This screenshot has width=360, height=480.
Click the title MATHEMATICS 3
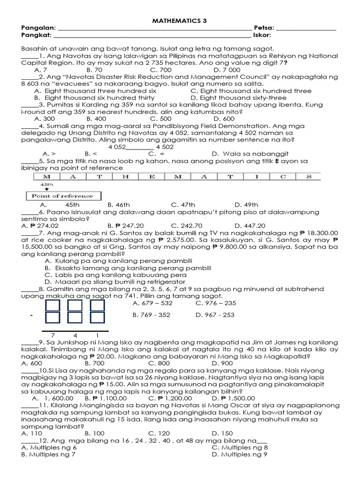click(x=180, y=21)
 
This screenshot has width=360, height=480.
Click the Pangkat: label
click(x=37, y=35)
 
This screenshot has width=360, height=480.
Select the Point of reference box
click(x=62, y=196)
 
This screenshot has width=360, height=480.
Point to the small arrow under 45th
click(x=46, y=189)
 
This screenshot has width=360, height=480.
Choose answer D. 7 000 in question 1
click(x=227, y=70)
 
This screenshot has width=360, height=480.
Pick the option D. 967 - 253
click(x=215, y=315)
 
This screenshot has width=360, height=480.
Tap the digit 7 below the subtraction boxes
click(x=53, y=336)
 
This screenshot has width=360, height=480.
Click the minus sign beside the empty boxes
click(x=30, y=315)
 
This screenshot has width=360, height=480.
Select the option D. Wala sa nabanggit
click(x=250, y=153)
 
